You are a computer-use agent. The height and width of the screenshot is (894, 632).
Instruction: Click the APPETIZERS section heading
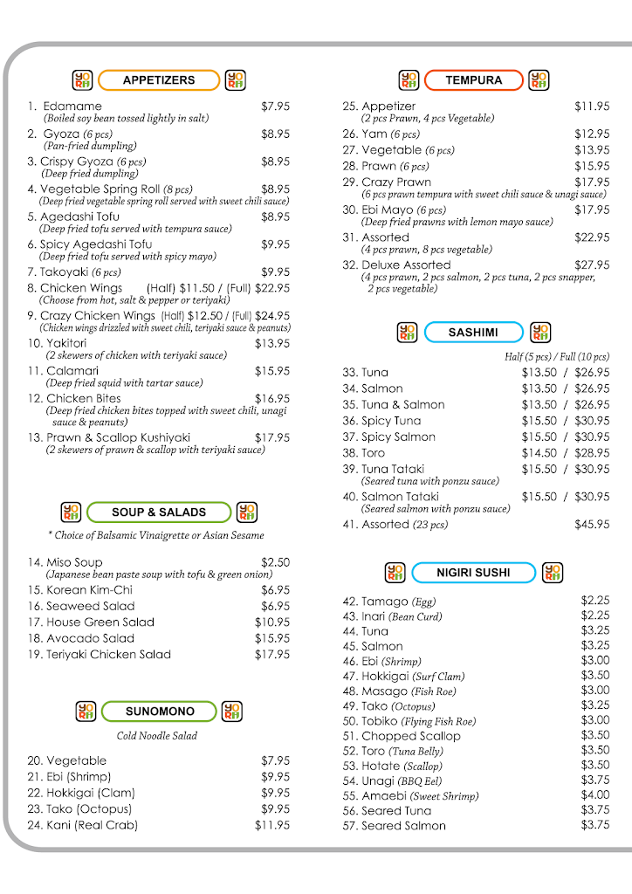[x=159, y=80]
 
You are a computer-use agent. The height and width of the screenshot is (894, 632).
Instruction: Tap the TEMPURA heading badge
[x=473, y=80]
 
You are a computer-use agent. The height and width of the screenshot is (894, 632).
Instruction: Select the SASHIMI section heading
[x=473, y=333]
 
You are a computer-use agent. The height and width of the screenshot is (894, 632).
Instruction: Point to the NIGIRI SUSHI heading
[x=473, y=573]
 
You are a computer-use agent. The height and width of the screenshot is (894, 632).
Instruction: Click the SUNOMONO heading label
[x=160, y=712]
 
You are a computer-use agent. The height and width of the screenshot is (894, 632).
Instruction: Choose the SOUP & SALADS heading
[x=159, y=512]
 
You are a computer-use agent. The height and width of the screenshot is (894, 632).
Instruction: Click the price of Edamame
[x=275, y=107]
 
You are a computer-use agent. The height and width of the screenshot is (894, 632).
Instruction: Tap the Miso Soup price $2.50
[x=275, y=562]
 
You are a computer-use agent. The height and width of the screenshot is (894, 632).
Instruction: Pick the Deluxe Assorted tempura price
[x=592, y=265]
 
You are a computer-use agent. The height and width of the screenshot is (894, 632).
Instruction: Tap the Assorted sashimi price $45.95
[x=592, y=525]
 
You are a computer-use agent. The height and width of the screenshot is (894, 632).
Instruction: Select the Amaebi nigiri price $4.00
[x=595, y=795]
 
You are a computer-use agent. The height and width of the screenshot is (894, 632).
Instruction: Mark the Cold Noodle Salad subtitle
[x=157, y=736]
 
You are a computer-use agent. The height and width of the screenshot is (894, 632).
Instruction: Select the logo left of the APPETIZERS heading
[x=82, y=80]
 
